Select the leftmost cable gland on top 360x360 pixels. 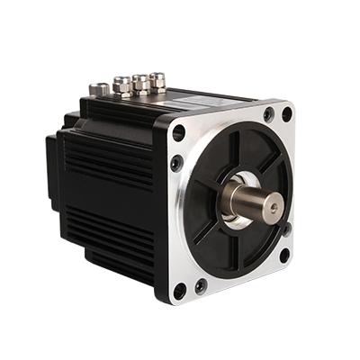point(100,89)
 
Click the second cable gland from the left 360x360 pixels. point(122,85)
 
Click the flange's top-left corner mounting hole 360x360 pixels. point(178,132)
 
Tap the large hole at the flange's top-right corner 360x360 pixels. point(287,114)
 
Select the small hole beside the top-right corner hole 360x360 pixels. point(268,115)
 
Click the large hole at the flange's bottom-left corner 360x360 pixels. point(180,290)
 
